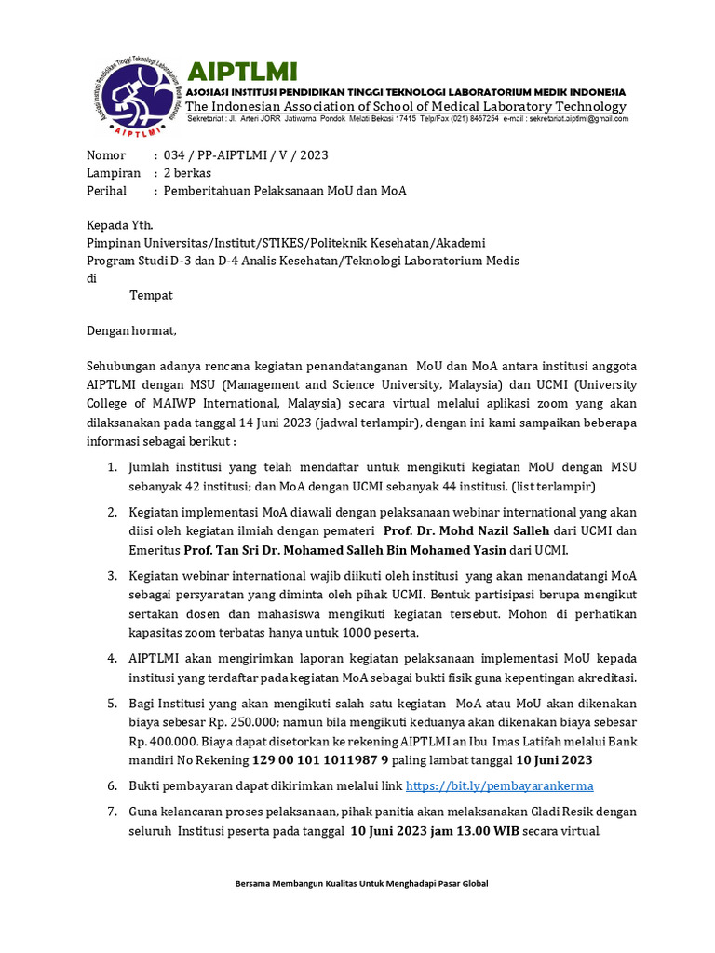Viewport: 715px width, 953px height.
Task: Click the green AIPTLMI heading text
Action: click(x=242, y=71)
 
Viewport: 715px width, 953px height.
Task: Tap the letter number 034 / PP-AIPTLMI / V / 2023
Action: click(x=246, y=155)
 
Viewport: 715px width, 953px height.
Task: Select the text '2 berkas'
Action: click(x=188, y=173)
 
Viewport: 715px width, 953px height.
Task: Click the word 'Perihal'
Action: click(x=107, y=191)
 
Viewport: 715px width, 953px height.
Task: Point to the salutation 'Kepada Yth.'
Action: click(x=120, y=225)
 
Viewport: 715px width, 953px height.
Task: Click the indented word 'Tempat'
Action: click(x=151, y=295)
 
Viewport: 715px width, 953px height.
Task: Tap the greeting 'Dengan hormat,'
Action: click(x=131, y=329)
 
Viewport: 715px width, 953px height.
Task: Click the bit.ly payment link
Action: click(x=500, y=785)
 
